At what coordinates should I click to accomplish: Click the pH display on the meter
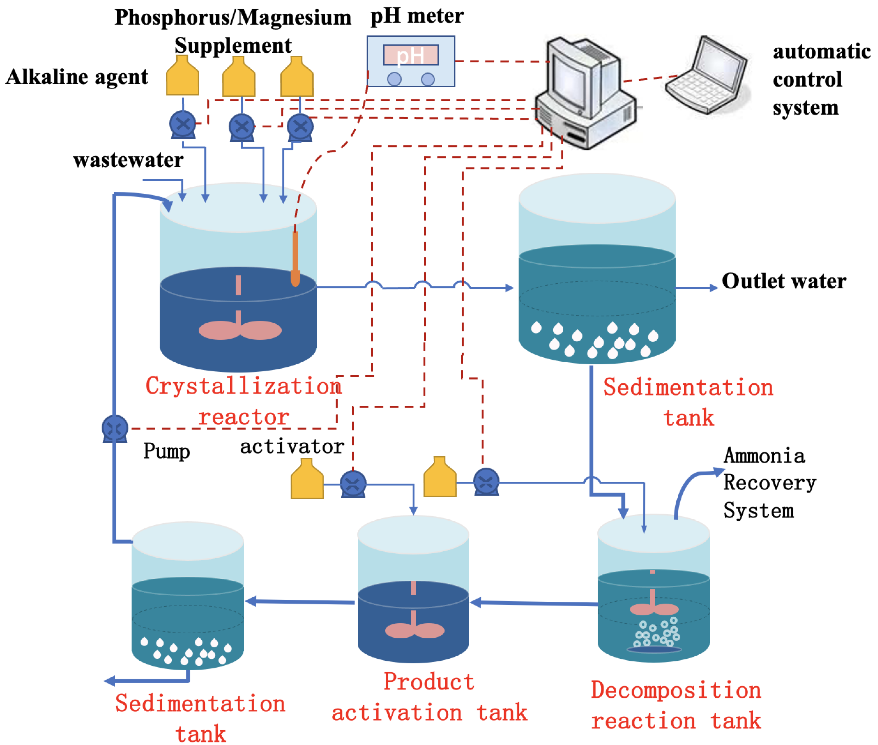click(410, 55)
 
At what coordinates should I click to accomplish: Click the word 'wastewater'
click(128, 160)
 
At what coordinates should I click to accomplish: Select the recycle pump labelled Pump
click(115, 428)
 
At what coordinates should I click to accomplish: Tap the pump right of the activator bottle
click(353, 484)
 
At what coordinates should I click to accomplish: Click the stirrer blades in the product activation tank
click(414, 630)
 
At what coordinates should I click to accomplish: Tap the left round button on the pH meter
click(394, 79)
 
